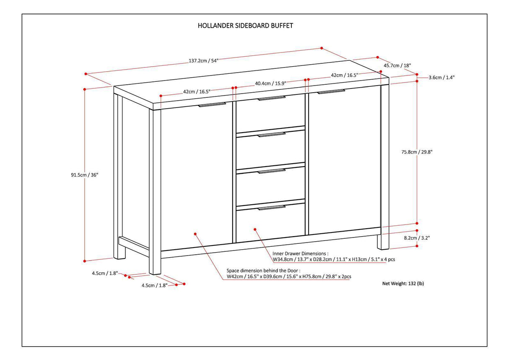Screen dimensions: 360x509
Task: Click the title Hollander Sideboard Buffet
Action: [245, 26]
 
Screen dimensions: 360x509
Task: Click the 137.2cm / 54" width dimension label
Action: [203, 60]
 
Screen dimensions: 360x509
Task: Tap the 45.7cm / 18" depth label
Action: [397, 65]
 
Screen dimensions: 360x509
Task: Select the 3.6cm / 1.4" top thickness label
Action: [441, 77]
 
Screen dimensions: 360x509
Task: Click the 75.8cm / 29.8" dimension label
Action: [417, 152]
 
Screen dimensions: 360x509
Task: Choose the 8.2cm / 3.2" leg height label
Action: [417, 238]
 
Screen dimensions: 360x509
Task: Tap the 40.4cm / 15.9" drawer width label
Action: [270, 83]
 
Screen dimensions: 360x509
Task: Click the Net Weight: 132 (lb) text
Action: [403, 284]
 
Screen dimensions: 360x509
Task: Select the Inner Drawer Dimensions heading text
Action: [300, 253]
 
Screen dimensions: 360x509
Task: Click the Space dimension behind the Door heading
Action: [263, 271]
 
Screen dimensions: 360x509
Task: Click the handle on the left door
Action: [212, 105]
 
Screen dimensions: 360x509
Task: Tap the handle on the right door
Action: [331, 91]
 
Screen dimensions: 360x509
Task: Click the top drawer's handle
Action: [272, 99]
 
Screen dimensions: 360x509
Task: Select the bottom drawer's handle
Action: [272, 207]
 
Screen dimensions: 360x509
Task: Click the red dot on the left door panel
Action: [195, 233]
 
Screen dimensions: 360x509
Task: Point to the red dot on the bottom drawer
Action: [255, 229]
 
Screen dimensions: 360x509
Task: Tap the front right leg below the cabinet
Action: [382, 241]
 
